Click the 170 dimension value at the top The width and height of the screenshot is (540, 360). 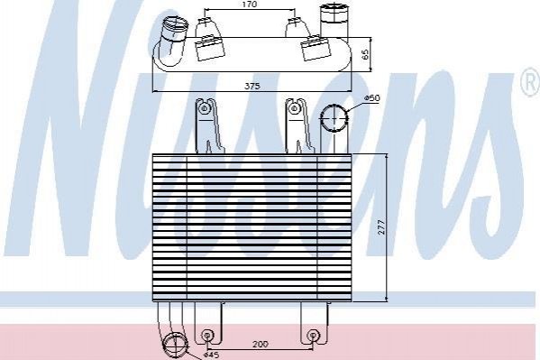tap(250, 5)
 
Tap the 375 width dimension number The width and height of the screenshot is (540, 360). tap(252, 87)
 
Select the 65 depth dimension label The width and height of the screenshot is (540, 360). tap(365, 54)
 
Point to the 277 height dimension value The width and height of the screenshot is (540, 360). tap(381, 227)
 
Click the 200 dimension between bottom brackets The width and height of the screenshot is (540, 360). tap(261, 344)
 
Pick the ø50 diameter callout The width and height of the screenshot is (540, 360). tap(372, 98)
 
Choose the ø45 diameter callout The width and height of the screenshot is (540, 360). tap(211, 355)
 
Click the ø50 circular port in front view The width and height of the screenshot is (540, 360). tap(334, 117)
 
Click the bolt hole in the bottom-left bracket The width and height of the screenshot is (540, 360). tap(206, 335)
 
